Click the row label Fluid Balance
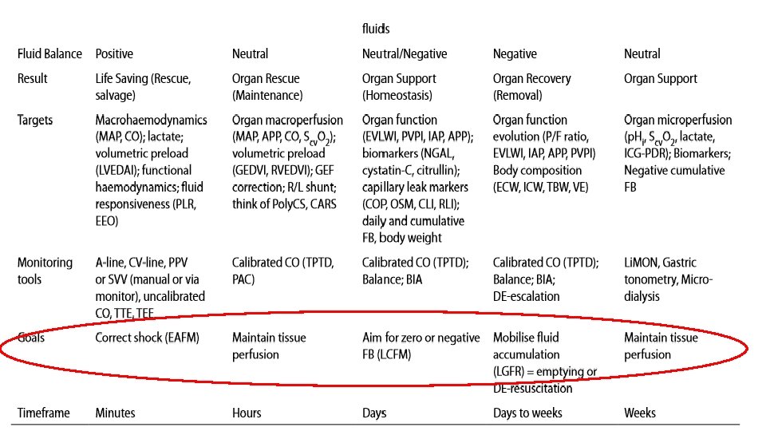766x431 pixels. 49,54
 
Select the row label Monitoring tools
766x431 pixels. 45,271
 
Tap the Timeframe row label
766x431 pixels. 44,413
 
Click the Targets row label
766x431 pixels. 35,120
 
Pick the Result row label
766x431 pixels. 33,78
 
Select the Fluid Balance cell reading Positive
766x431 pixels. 114,54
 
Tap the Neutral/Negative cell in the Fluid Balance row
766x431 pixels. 405,54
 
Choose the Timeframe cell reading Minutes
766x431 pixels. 116,413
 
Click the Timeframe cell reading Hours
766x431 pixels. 247,413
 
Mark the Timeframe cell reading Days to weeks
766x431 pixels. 527,413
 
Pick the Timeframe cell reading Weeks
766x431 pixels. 640,413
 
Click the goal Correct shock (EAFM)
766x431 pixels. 147,338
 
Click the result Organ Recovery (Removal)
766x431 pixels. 531,86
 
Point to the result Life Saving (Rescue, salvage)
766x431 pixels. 143,86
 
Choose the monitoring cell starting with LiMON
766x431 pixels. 668,279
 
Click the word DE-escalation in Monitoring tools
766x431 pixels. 526,296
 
